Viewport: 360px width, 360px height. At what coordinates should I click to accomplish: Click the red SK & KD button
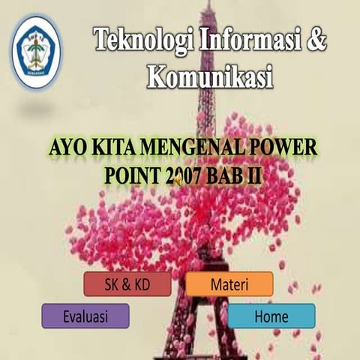click(x=127, y=284)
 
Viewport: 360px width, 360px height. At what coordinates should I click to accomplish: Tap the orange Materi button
click(x=229, y=284)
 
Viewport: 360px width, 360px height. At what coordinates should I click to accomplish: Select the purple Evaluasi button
click(x=85, y=316)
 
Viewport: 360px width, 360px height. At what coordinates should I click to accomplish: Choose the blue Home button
click(x=271, y=316)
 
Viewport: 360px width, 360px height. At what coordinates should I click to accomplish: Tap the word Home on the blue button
click(x=271, y=316)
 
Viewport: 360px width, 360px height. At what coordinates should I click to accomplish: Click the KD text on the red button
click(x=140, y=284)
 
